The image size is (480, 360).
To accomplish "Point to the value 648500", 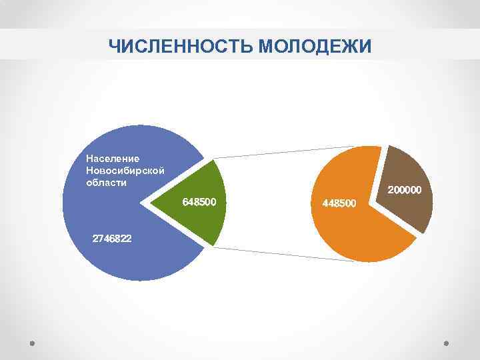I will (x=200, y=201).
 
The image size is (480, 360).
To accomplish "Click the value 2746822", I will (x=112, y=238).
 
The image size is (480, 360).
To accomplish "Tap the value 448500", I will (x=339, y=202).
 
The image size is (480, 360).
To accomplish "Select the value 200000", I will (x=405, y=191).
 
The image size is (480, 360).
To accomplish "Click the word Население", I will (x=113, y=159).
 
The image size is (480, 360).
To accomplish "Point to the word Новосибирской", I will (x=125, y=171).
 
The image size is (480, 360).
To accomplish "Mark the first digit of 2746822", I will (x=95, y=238).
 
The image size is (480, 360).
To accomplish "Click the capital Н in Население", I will (x=90, y=159).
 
